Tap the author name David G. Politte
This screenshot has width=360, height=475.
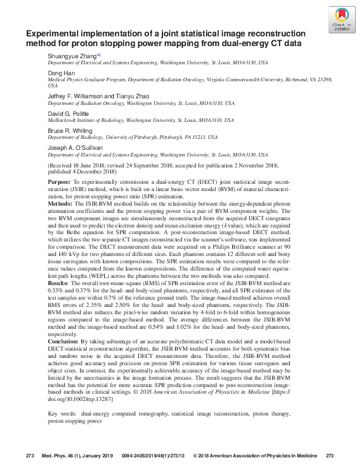pos(68,113)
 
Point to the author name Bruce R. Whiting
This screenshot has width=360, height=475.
pos(70,130)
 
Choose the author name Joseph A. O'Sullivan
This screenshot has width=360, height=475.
pos(75,147)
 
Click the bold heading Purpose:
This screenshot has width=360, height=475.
pos(59,182)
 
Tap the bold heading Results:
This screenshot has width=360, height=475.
pos(58,283)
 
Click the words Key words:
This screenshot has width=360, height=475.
pos(62,414)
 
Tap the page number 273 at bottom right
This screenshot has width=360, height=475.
pos(330,456)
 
